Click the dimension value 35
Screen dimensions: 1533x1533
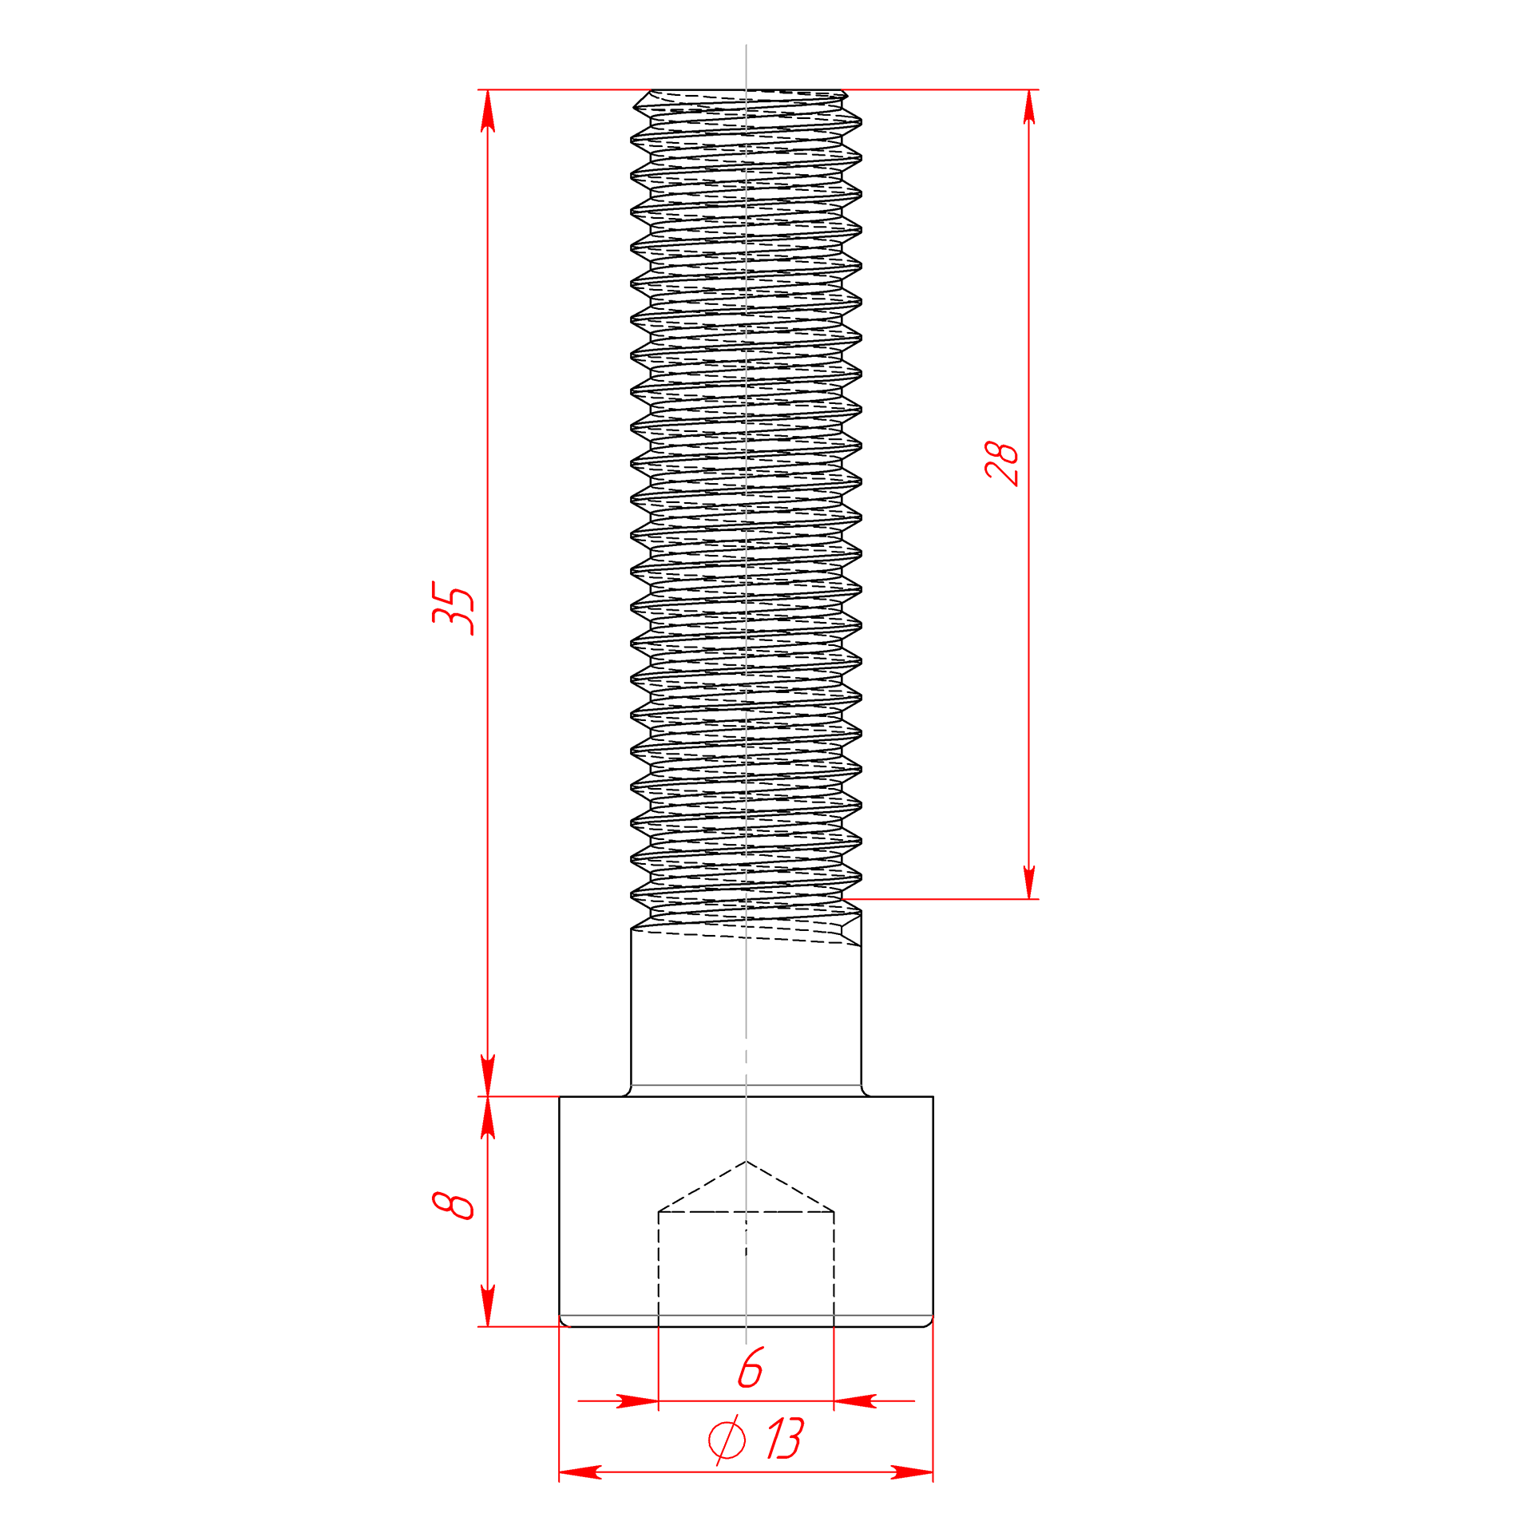(x=453, y=608)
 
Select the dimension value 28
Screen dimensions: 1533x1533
(x=1002, y=463)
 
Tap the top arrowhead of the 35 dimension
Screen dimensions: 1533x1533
(x=488, y=110)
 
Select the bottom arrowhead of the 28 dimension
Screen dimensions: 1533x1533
(x=1028, y=878)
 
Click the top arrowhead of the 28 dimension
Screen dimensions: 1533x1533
(x=1028, y=110)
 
